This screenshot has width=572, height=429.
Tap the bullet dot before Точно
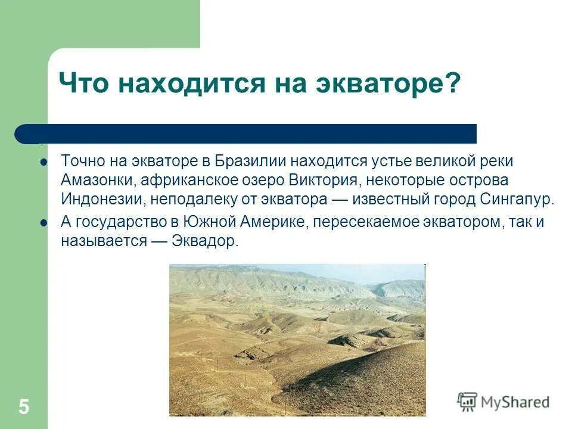tap(43, 162)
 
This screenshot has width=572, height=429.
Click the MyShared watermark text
tap(515, 402)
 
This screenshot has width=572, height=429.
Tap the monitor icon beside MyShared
tap(467, 402)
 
